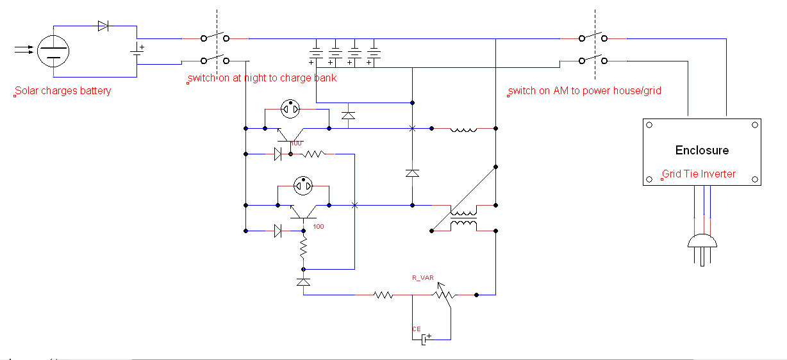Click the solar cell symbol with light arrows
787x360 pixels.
[53, 51]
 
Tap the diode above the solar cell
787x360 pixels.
[103, 26]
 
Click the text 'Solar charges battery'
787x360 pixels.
[63, 90]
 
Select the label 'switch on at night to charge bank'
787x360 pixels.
[262, 78]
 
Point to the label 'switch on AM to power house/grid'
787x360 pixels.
[584, 90]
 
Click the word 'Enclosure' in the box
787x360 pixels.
[702, 151]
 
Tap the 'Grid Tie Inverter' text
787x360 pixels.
[699, 174]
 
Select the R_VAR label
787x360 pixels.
[423, 278]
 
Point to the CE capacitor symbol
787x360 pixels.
[426, 339]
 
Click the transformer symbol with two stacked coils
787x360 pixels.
[463, 218]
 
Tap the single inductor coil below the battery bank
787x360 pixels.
[463, 130]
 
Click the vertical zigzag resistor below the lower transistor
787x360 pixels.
[303, 247]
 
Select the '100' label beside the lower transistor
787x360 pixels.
[319, 227]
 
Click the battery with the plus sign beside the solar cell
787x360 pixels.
[137, 51]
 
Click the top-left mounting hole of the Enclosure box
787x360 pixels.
[649, 125]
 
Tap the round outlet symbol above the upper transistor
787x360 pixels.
[290, 109]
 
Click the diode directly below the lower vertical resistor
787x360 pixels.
[303, 282]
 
